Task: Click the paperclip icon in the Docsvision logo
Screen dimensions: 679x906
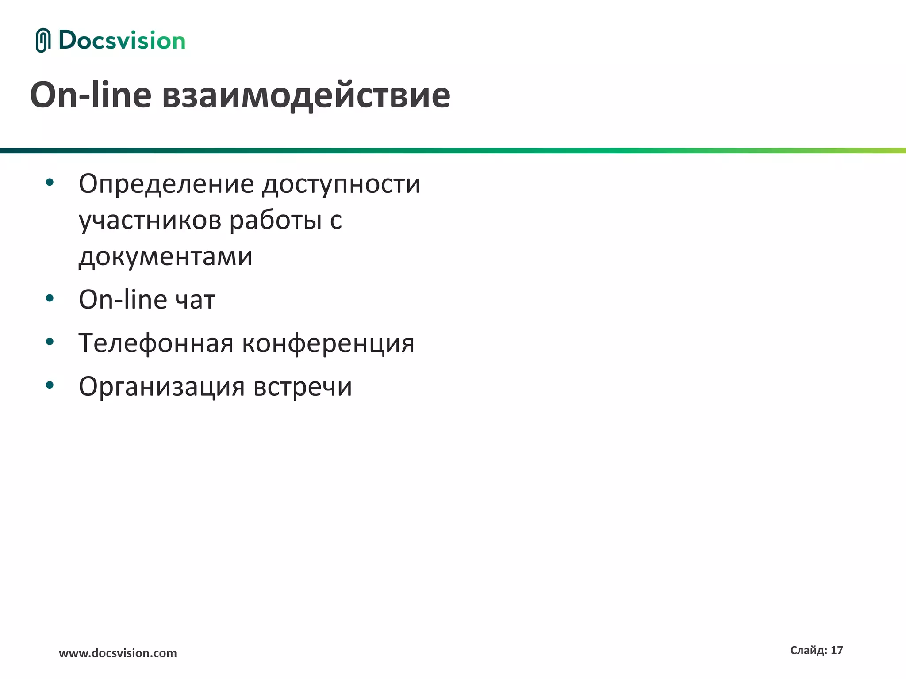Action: (x=42, y=40)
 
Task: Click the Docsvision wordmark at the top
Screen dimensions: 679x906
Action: (x=122, y=40)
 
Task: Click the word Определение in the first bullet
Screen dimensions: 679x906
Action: (x=166, y=184)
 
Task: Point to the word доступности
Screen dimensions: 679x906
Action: (x=341, y=184)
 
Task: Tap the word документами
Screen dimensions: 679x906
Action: (x=165, y=256)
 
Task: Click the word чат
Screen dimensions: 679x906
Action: (x=195, y=300)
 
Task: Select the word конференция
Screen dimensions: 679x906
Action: (x=328, y=343)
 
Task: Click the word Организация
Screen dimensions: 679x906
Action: (x=161, y=386)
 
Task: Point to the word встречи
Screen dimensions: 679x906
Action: (x=303, y=386)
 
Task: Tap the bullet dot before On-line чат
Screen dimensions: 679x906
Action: (x=50, y=298)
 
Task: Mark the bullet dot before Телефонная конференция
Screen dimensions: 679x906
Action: (x=50, y=341)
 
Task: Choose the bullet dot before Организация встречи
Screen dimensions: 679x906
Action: (x=50, y=385)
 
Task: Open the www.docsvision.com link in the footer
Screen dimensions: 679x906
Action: (x=118, y=653)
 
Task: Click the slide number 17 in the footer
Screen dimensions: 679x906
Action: (x=837, y=650)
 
